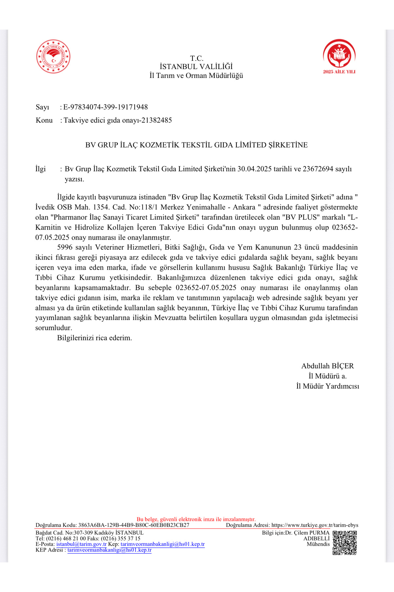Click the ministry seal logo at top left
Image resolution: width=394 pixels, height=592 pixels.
click(53, 56)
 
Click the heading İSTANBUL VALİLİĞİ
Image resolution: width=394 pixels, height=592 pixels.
click(196, 67)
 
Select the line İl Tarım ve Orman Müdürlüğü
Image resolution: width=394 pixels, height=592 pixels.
click(196, 76)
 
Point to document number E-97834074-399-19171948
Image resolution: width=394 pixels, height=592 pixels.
click(105, 107)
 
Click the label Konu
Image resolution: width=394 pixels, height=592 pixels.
click(44, 120)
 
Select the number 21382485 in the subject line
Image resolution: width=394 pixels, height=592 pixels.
click(157, 120)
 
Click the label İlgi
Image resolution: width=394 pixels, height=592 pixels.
click(41, 169)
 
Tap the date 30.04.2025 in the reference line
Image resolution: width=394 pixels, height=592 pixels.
click(254, 169)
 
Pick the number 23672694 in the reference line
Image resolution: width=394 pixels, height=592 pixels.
click(318, 169)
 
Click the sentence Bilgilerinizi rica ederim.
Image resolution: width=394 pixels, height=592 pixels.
click(95, 338)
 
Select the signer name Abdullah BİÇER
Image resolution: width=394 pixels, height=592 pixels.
click(327, 366)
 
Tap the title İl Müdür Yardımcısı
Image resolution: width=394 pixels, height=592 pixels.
click(327, 386)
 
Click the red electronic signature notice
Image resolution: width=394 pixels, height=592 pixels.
click(196, 519)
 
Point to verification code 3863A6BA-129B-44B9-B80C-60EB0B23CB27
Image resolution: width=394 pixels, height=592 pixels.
click(134, 525)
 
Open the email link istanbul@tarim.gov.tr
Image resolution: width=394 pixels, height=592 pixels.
click(81, 544)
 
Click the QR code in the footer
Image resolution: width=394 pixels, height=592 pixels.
click(345, 543)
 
